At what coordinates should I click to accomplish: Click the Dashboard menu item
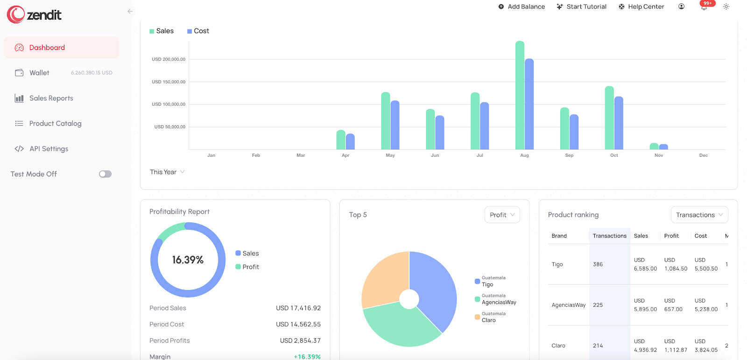47,48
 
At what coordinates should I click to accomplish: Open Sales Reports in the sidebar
51,98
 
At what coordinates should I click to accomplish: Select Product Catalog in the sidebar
55,123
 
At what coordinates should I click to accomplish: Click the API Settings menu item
49,148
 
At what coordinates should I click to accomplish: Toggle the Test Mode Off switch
105,174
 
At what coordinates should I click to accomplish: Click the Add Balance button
521,7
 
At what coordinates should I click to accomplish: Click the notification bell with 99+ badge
704,7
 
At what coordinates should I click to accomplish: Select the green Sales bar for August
520,96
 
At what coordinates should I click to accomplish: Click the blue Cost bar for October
619,123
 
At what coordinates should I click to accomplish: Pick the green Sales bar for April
341,140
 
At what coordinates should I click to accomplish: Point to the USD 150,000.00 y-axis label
169,82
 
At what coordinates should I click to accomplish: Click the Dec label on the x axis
703,155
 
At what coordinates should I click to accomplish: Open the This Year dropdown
167,172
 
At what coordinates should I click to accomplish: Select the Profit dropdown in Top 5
502,215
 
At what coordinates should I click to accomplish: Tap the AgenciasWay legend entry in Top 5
499,302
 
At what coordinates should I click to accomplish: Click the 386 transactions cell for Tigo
598,264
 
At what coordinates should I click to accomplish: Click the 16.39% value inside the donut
188,260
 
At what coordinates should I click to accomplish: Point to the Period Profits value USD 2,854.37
300,340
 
